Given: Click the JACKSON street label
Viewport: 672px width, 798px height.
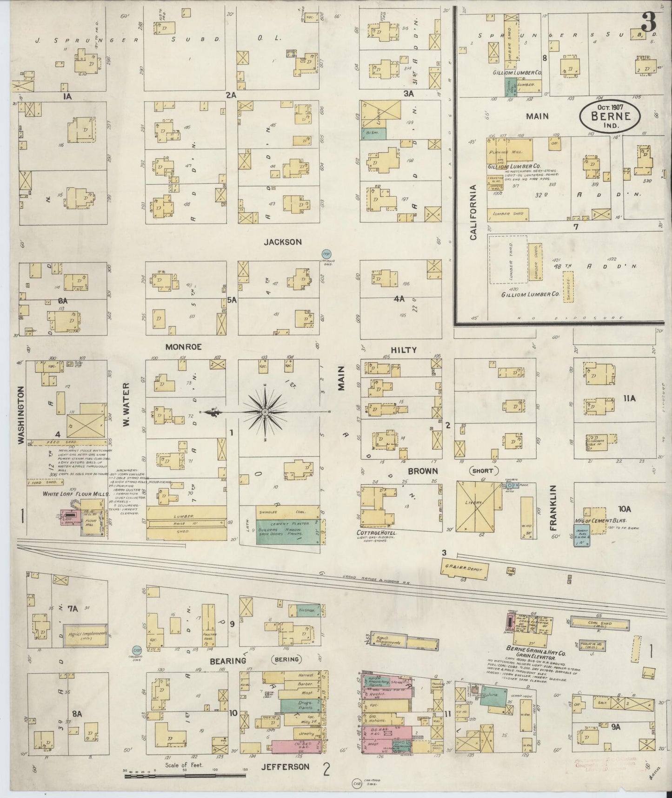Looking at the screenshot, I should (283, 242).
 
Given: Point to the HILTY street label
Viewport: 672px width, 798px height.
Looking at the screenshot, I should (403, 350).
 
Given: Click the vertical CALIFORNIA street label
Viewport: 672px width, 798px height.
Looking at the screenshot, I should (473, 212).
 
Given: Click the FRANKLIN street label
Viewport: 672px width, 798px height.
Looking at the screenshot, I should (553, 508).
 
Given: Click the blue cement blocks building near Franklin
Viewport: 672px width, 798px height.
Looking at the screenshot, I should (582, 534).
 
